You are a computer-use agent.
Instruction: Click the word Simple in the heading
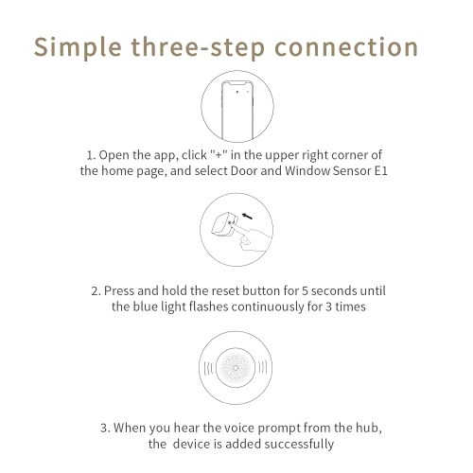(78, 48)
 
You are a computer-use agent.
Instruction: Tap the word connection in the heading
(346, 47)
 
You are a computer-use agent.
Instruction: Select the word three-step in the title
(198, 48)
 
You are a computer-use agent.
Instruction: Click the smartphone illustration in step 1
(237, 111)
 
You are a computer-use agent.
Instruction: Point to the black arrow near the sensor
(247, 216)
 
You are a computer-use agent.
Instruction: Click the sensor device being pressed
(222, 225)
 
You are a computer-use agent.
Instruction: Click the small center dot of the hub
(236, 368)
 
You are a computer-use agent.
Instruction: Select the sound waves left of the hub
(209, 368)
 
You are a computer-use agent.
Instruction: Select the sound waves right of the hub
(262, 368)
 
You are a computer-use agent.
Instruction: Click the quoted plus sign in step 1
(219, 155)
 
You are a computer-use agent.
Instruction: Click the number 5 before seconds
(305, 290)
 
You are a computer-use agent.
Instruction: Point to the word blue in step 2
(145, 307)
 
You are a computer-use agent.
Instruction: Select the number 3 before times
(328, 307)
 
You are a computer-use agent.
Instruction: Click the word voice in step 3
(238, 428)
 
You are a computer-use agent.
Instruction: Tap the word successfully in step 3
(299, 445)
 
